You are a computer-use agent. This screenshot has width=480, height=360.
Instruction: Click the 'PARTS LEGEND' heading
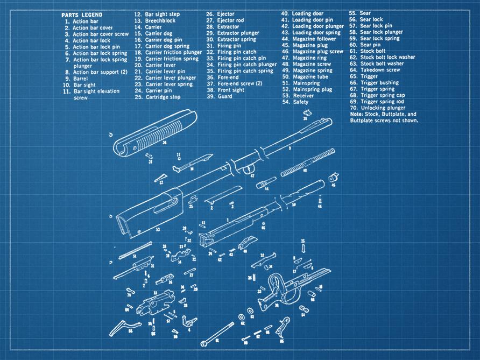point(80,15)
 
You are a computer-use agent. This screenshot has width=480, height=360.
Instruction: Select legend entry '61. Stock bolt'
point(372,51)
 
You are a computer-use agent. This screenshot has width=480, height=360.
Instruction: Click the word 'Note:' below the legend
point(356,114)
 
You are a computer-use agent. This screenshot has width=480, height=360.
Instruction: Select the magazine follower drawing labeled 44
point(266,183)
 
